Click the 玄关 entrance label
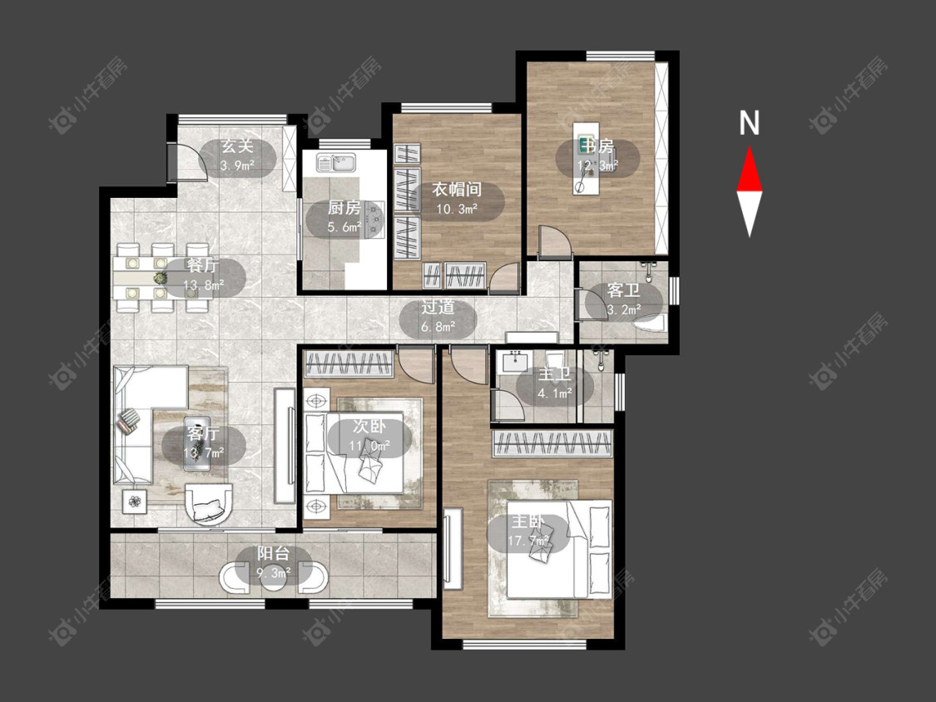point(238,146)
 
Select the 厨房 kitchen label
point(344,208)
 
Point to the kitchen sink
point(337,161)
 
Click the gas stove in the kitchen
point(375,219)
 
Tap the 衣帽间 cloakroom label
point(457,190)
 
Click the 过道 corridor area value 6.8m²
point(438,327)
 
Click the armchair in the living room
point(209,502)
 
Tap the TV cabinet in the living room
point(285,446)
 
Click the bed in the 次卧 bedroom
point(364,452)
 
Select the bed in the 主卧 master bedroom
point(559,549)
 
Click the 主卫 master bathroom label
point(555,375)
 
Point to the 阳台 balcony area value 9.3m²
point(274,574)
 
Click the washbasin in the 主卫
point(514,361)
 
